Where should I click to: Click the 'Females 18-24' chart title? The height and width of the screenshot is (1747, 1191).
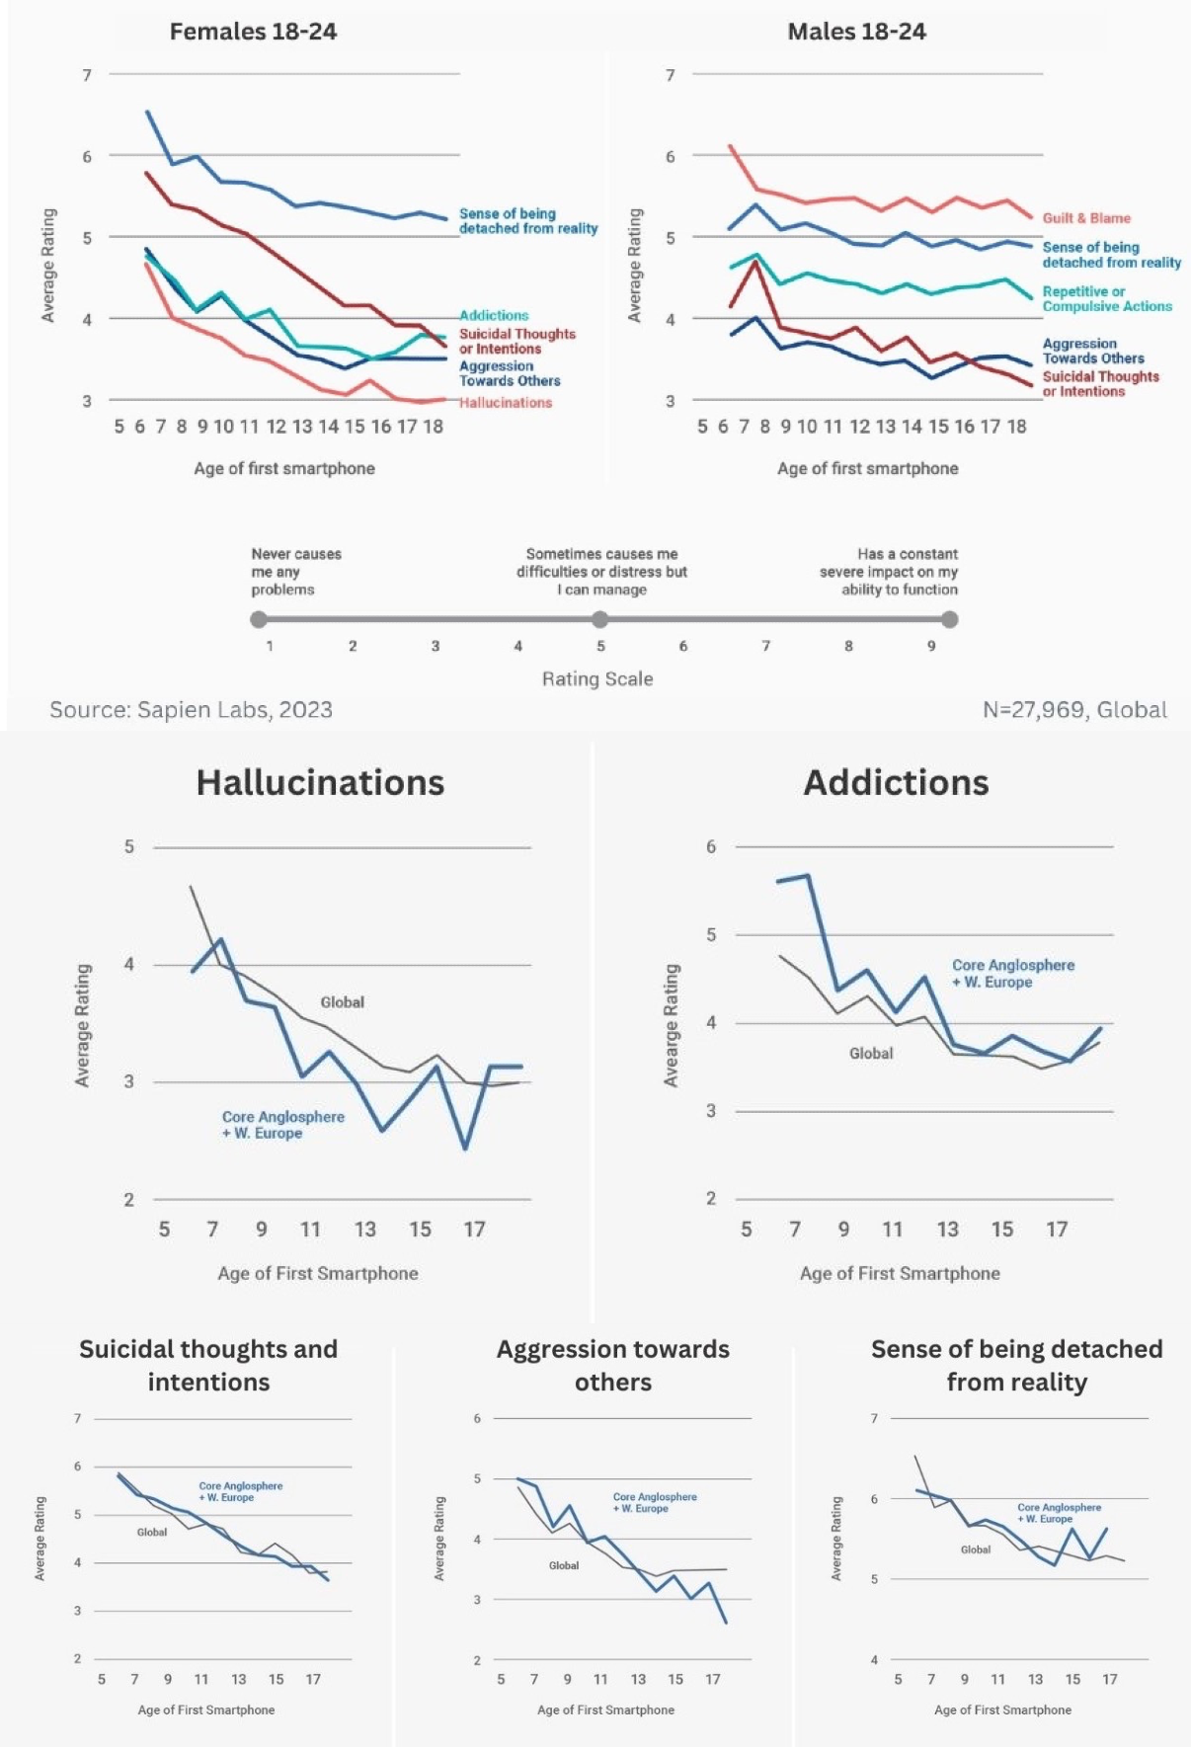point(253,32)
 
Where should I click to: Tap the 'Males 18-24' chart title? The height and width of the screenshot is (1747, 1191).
point(856,32)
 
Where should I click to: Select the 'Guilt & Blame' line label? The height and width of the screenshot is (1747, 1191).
point(1086,218)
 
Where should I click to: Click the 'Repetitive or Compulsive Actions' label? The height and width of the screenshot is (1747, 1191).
point(1107,299)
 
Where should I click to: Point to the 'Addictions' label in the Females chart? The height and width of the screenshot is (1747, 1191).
point(494,315)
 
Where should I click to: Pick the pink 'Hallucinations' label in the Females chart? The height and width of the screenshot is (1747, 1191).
point(506,403)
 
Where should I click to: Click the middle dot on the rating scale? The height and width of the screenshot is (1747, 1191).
point(599,619)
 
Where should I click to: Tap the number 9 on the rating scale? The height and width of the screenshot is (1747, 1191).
point(931,646)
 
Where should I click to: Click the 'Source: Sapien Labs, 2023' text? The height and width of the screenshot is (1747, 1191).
point(191,710)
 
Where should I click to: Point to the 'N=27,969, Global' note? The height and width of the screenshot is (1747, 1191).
point(1074,710)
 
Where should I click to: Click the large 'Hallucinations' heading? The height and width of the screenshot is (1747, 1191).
point(320,783)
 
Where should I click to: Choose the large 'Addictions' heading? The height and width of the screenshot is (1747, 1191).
point(896,783)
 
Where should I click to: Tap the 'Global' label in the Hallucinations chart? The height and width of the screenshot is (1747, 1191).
point(342,1002)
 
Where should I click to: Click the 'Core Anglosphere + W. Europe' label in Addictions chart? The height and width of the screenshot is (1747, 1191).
point(1013,974)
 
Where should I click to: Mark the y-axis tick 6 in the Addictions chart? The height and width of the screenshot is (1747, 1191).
point(711,846)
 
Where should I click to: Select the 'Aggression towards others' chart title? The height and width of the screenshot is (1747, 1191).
point(612,1365)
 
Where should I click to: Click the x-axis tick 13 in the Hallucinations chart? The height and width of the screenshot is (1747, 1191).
point(365,1230)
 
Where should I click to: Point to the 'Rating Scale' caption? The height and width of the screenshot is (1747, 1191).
point(597,679)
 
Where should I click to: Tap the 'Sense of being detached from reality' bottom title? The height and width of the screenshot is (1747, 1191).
point(1016,1365)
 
